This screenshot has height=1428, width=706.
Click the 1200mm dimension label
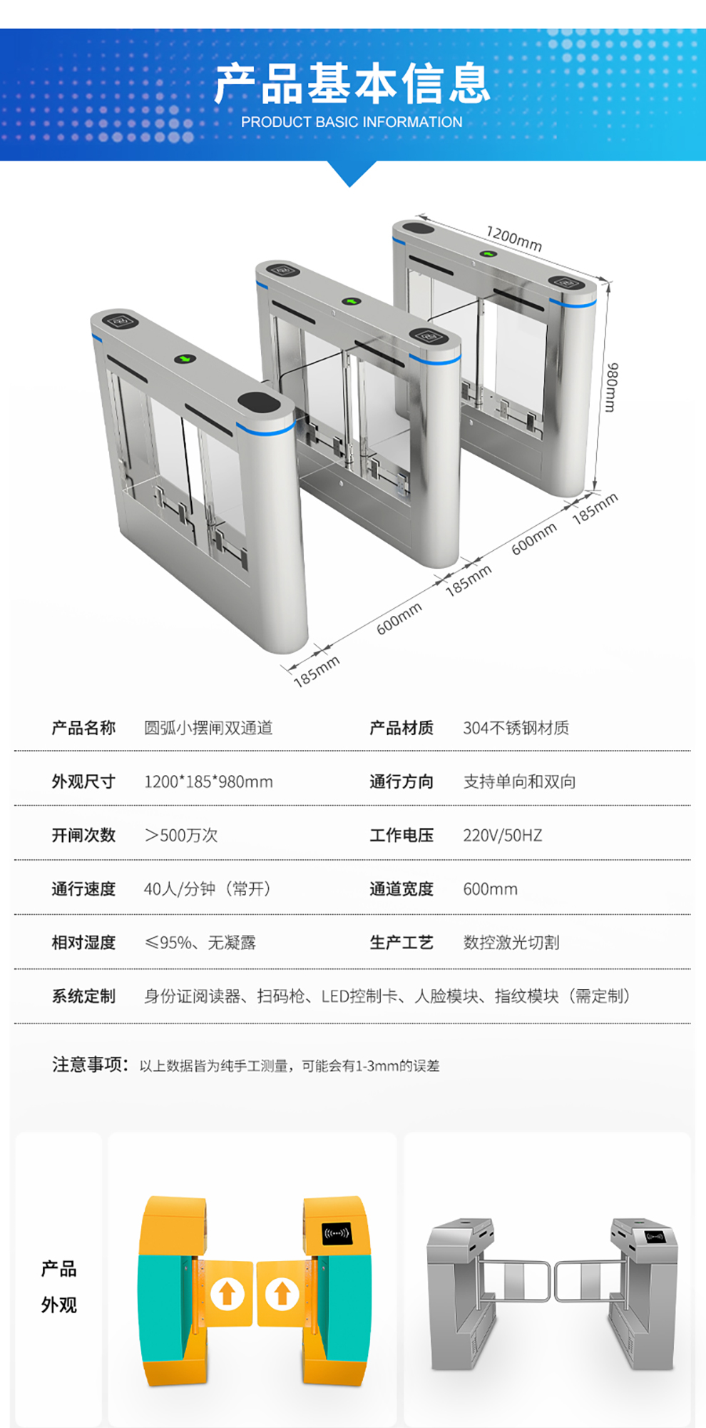513,238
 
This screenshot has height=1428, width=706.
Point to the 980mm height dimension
611,387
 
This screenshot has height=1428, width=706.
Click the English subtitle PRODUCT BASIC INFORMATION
352,122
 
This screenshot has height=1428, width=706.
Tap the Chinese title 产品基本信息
352,83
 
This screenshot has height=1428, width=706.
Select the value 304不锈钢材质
516,728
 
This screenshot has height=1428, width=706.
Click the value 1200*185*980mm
208,781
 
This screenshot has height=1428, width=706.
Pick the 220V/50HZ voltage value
502,835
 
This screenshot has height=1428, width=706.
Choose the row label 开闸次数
83,835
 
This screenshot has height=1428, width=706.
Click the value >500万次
181,835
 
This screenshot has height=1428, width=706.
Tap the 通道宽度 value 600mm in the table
490,889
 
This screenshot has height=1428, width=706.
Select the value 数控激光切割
511,943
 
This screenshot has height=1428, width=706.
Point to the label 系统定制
83,996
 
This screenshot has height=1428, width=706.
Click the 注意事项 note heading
90,1065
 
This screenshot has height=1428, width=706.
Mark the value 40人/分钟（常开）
208,889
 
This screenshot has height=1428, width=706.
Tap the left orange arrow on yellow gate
227,1293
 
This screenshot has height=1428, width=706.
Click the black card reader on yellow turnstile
337,1233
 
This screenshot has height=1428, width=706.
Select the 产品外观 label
58,1287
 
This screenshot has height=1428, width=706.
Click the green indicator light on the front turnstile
185,358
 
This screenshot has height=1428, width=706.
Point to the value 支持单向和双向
519,781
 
